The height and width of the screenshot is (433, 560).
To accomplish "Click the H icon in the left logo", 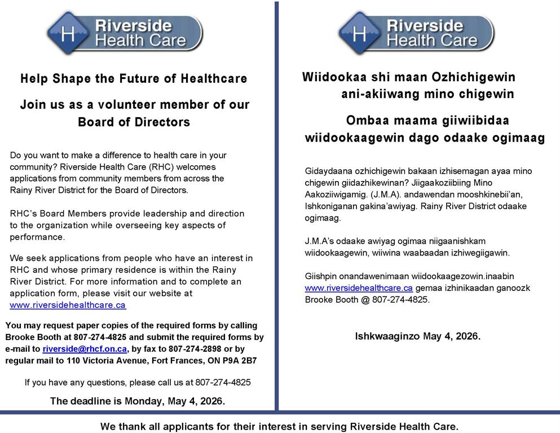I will coord(68,33).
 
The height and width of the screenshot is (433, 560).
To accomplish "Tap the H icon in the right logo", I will coord(360,33).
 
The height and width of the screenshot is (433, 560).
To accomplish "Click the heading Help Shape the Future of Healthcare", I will coord(134,79).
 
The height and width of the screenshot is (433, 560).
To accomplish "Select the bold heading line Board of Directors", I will coord(134,122).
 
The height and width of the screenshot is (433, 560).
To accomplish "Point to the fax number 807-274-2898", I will coord(190,349).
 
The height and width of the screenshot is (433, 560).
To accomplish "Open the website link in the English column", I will coord(68,305).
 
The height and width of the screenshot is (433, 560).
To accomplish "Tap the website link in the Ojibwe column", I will coord(359,288).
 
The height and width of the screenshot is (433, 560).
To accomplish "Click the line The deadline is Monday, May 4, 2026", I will coord(138,401).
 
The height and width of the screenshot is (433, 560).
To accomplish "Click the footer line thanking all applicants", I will coord(279,426).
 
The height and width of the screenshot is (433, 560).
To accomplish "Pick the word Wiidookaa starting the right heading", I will coord(328,77).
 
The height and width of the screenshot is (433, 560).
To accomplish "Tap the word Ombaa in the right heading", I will coord(363,121).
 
